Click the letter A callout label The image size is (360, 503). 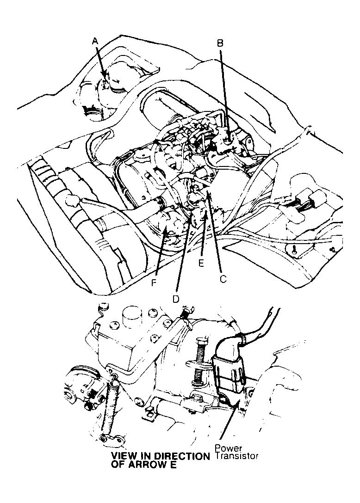coord(95,41)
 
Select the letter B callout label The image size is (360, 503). coord(220,43)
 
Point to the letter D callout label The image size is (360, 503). coord(176,299)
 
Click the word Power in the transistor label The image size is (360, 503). coord(228,448)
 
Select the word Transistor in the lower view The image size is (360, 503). coord(237,455)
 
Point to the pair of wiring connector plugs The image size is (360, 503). coord(305,204)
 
